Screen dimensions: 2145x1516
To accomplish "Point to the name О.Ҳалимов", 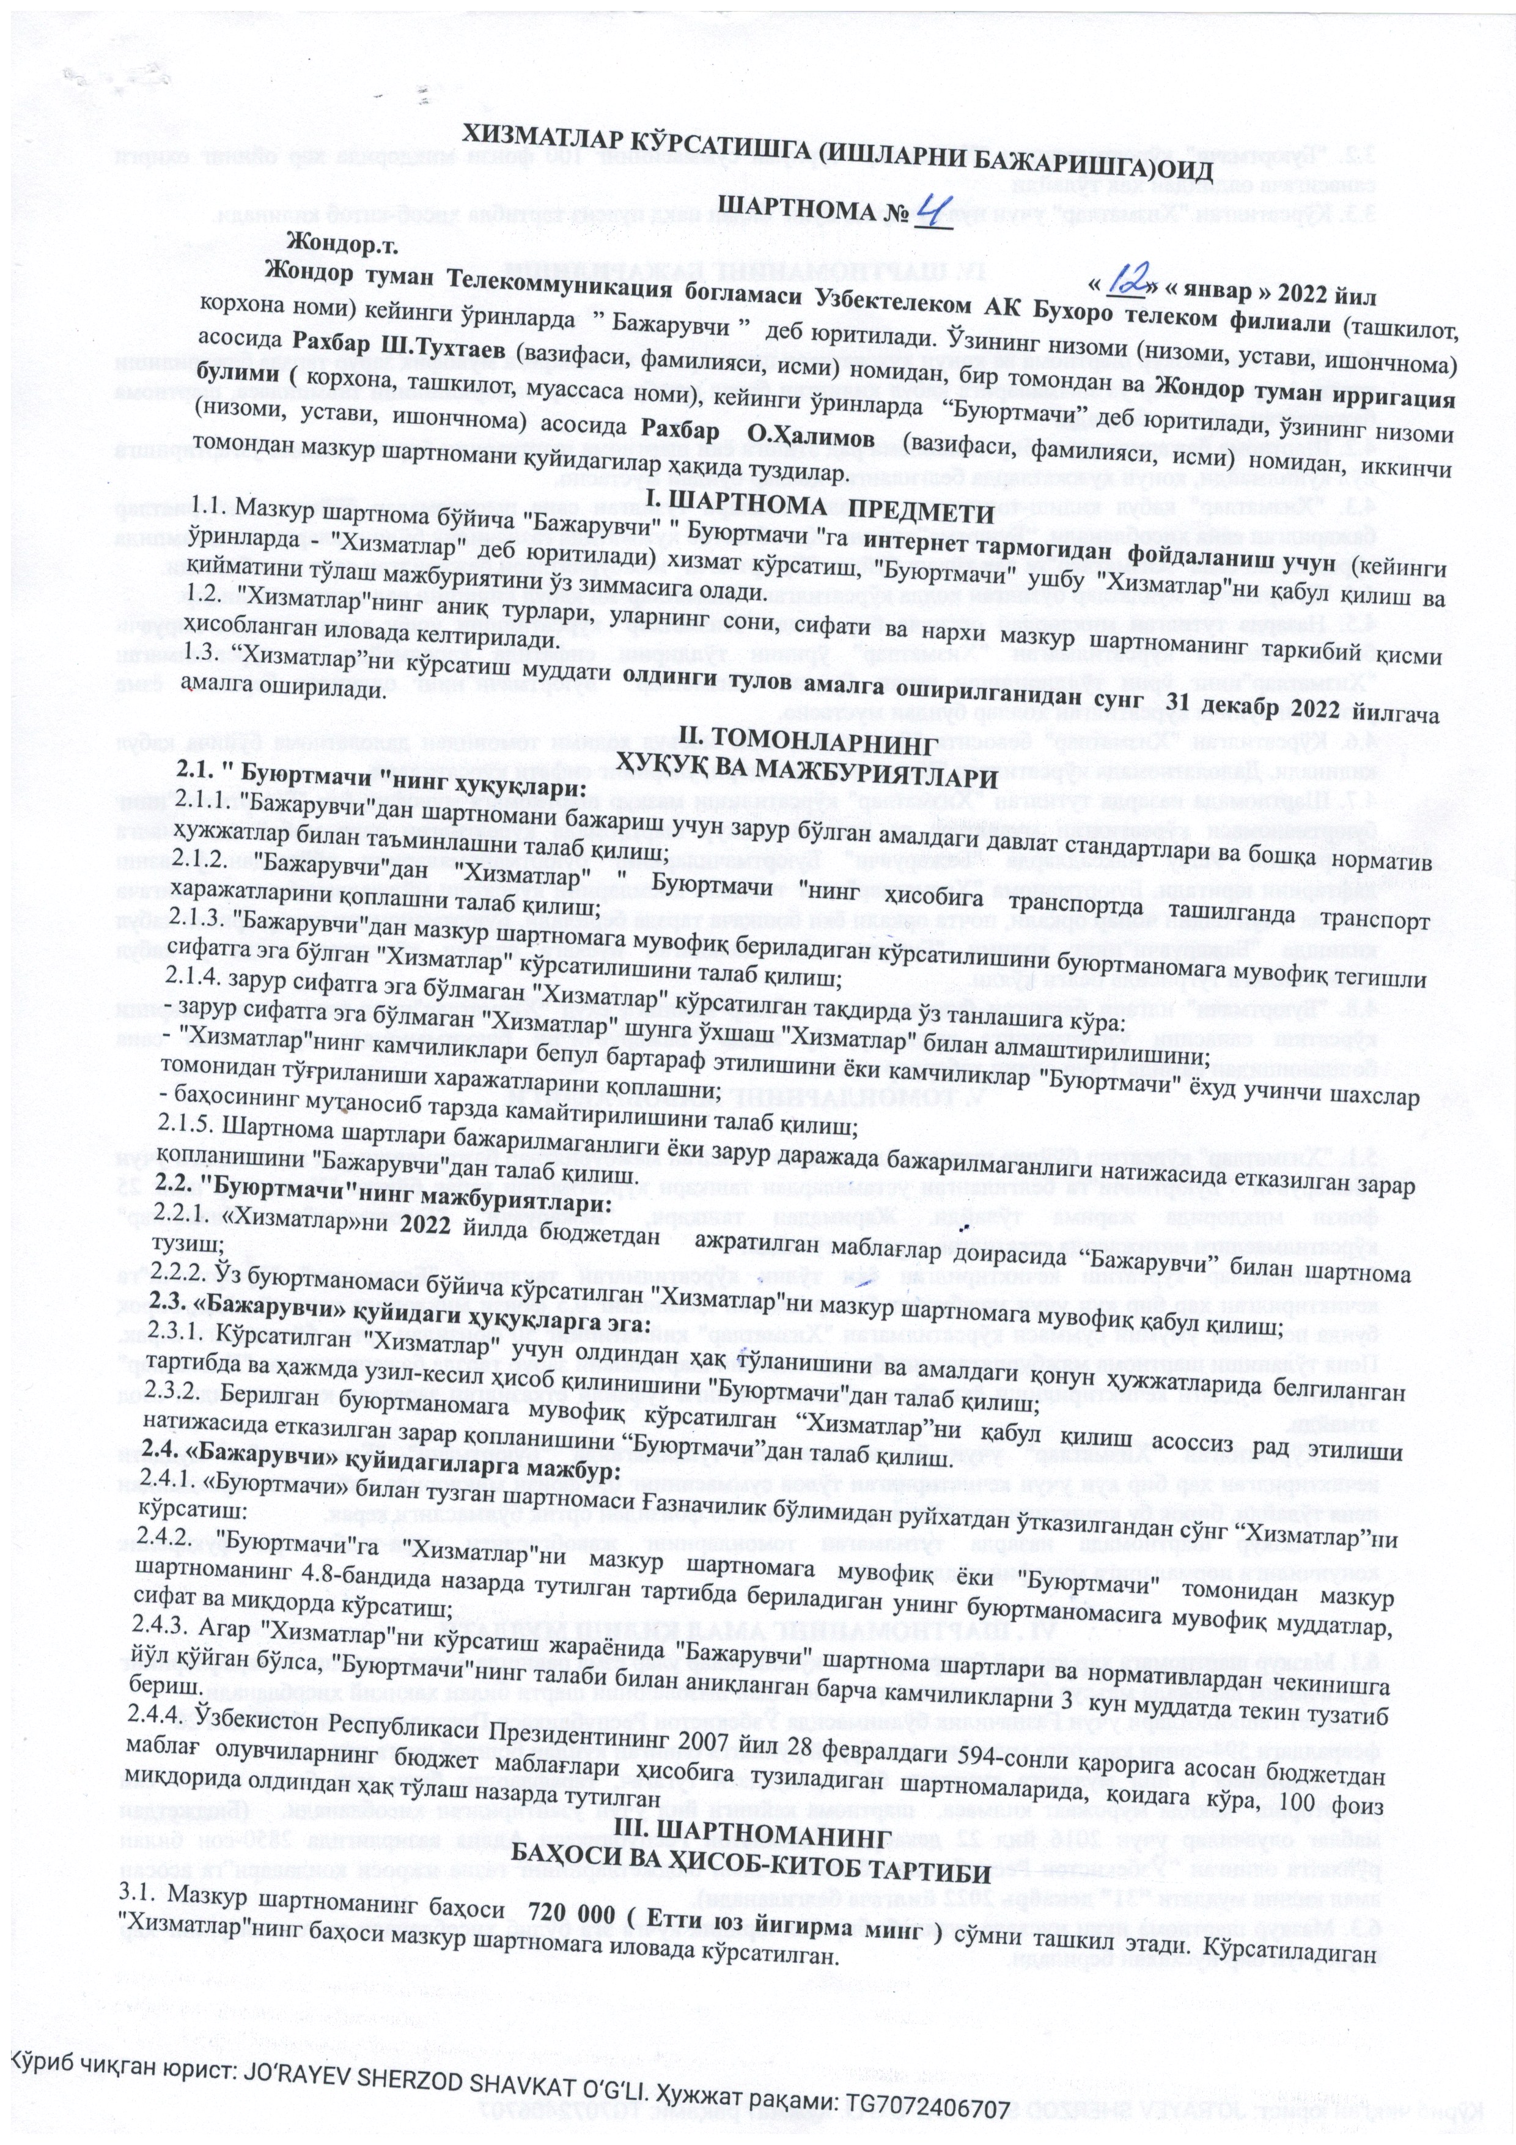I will pos(807,437).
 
